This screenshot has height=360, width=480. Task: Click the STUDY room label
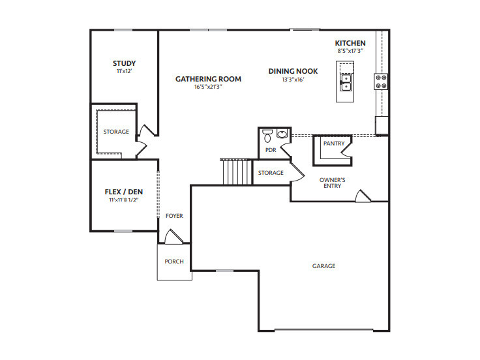(124, 63)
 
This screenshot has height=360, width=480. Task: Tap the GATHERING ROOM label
(208, 79)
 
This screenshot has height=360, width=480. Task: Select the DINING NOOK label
(293, 71)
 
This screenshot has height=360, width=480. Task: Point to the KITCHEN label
(350, 43)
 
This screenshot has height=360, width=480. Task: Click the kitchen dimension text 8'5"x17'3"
(350, 51)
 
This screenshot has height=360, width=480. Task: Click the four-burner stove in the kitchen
(381, 82)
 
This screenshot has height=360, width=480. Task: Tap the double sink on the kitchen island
(346, 82)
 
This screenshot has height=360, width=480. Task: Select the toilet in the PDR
(267, 136)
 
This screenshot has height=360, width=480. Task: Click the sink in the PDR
(282, 134)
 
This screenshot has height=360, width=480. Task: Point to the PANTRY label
(334, 143)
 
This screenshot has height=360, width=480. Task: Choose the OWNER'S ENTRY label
(332, 183)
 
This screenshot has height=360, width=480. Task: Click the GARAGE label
(323, 266)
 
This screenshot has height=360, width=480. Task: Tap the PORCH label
(174, 262)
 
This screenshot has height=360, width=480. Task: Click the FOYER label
(174, 216)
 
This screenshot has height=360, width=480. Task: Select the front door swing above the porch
(174, 237)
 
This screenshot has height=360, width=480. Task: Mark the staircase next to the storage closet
(236, 172)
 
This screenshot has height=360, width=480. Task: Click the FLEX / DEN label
(124, 192)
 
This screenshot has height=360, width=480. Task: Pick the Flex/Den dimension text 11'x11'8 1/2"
(124, 200)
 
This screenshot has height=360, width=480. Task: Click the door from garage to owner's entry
(363, 196)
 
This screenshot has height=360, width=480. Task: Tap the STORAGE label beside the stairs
(271, 173)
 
